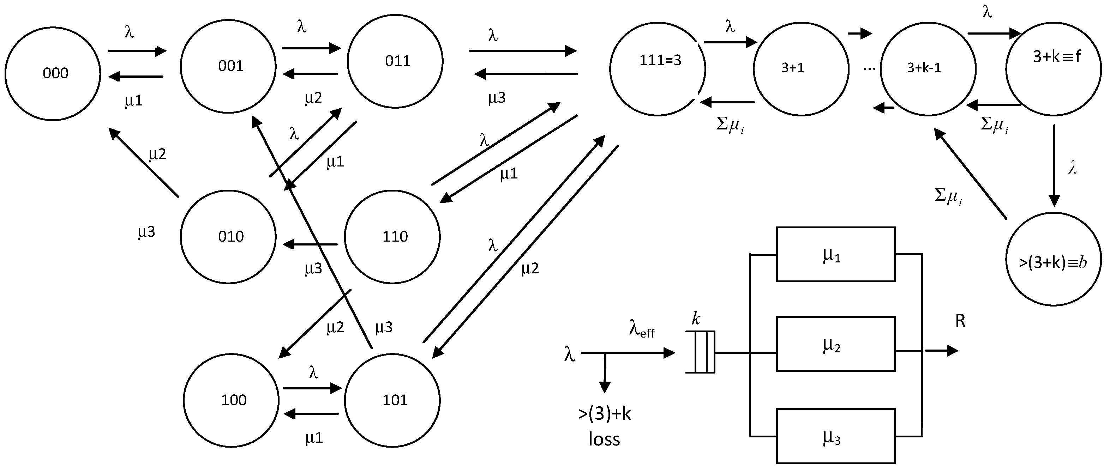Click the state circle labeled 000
click(x=53, y=74)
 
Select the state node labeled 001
click(x=228, y=66)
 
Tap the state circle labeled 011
click(x=395, y=61)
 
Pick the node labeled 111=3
click(x=658, y=69)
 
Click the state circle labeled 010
click(x=228, y=237)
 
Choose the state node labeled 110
click(x=392, y=237)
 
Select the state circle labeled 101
click(x=392, y=400)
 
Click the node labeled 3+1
click(x=801, y=69)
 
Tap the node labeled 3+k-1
click(x=928, y=69)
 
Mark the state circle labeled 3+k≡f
click(x=1054, y=69)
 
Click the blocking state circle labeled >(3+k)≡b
click(x=1054, y=259)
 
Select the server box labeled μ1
click(x=835, y=255)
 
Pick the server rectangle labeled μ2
click(x=835, y=344)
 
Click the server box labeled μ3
click(x=835, y=436)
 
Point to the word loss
click(x=604, y=439)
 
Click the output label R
click(x=960, y=321)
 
